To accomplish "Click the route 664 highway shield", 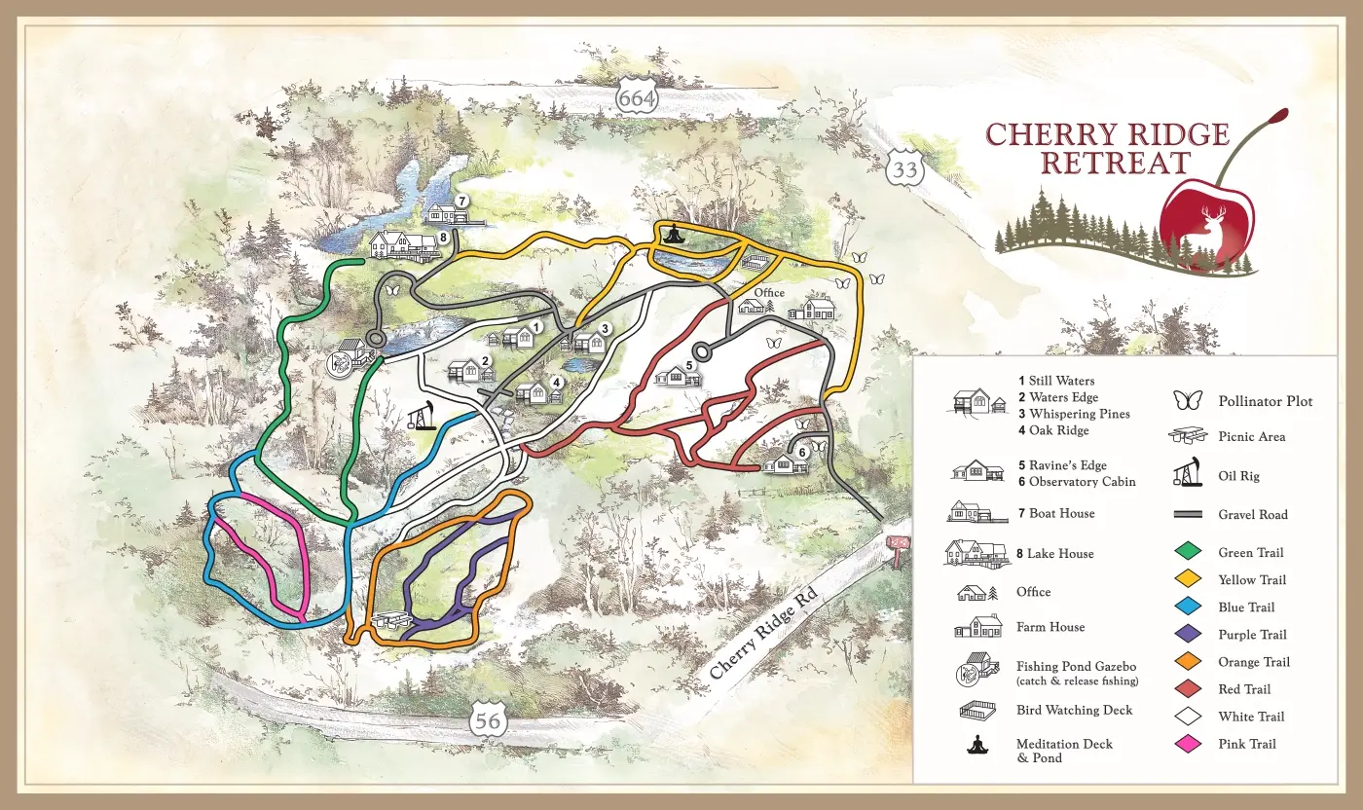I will pos(637,97).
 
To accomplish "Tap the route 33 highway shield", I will pos(904,169).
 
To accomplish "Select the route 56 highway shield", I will pos(487,721).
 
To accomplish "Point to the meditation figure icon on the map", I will pos(673,234).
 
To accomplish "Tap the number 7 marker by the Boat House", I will pos(461,200).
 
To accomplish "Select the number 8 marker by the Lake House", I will pos(443,237).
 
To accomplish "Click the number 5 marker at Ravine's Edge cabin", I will pos(689,366).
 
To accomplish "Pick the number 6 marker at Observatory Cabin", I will pos(802,452).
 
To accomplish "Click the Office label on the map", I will pos(769,293).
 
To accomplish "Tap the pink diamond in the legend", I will pos(1187,744).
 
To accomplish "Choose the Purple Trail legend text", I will pos(1252,635).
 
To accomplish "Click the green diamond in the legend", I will pos(1187,553).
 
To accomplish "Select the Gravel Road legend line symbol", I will pos(1187,515).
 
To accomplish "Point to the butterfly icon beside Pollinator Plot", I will pos(1187,400).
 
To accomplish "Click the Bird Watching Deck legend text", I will pos(1074,711).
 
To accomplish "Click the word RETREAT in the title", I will pos(1115,163).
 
